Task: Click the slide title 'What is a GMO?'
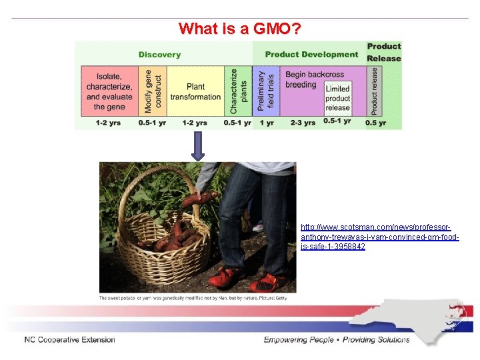[239, 29]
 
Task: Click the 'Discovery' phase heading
[159, 55]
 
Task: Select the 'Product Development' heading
[311, 55]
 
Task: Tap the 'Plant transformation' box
[195, 92]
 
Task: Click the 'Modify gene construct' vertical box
[153, 91]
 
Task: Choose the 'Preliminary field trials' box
[266, 91]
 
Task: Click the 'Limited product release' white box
[337, 98]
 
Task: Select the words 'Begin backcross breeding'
[305, 79]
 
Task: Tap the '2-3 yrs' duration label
[303, 123]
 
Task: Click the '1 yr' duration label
[267, 123]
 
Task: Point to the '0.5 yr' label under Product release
[377, 123]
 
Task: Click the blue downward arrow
[198, 145]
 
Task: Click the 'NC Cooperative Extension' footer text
[69, 340]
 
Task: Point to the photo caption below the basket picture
[193, 298]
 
